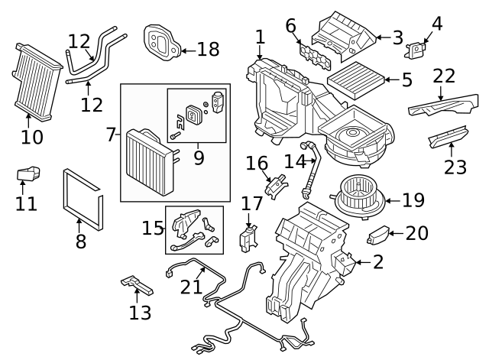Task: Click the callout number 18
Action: (208, 50)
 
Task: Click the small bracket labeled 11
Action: (28, 175)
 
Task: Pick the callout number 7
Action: (111, 135)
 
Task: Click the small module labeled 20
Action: (380, 235)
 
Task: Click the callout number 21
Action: (191, 287)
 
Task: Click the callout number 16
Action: (257, 164)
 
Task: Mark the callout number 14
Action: (294, 161)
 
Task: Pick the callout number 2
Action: (377, 262)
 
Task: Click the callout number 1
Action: (260, 36)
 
